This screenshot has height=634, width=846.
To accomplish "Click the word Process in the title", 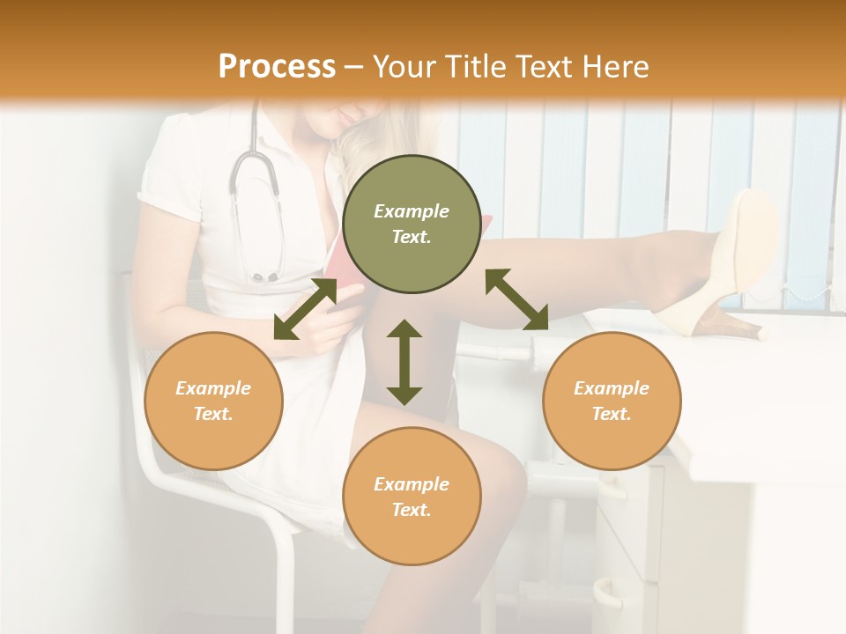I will click(277, 67).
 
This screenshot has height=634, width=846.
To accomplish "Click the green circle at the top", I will click(411, 224).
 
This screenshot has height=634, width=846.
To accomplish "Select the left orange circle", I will click(213, 401).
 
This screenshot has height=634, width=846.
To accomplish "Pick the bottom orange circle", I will click(411, 496).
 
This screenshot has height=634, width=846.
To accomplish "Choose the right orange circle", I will click(611, 401).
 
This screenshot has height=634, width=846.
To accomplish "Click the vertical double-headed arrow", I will click(404, 362).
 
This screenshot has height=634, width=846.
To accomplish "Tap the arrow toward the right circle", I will click(516, 299).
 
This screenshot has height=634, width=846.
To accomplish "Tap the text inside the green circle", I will click(411, 224).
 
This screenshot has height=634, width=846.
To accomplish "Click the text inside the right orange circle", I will click(611, 401).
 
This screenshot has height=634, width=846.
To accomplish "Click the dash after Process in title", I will click(354, 67).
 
